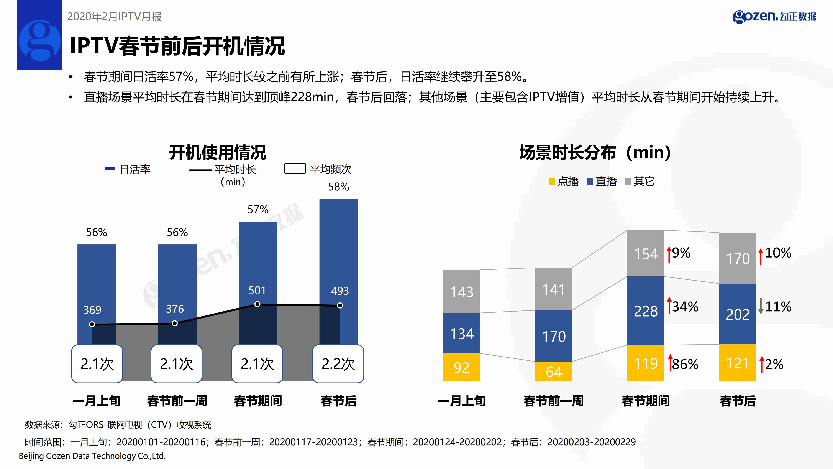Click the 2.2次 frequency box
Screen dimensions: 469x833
[338, 364]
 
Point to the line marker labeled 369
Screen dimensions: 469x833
[92, 324]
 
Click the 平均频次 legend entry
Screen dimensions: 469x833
[318, 169]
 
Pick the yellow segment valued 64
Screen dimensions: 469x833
[553, 371]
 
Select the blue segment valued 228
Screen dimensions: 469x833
[645, 311]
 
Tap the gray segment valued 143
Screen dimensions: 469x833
[461, 291]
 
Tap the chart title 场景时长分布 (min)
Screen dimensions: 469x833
[595, 152]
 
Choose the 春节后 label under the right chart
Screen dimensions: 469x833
[738, 401]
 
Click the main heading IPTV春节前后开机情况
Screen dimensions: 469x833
[177, 46]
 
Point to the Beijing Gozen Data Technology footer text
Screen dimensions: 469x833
[92, 456]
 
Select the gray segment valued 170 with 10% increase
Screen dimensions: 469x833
[738, 258]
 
